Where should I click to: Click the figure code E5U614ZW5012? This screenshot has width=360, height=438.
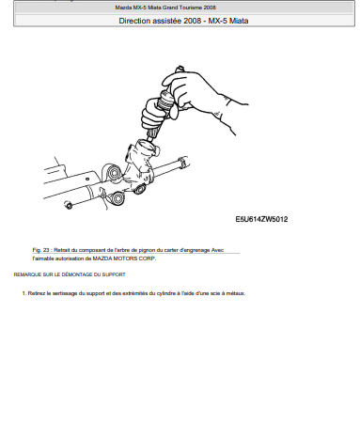click(261, 219)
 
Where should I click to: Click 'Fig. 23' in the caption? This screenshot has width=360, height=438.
click(40, 250)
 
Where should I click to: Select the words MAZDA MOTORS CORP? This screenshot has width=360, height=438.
click(124, 258)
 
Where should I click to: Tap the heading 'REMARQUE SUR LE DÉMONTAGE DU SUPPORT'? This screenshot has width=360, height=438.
click(70, 274)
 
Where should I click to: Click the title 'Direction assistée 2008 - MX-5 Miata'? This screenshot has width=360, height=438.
click(183, 21)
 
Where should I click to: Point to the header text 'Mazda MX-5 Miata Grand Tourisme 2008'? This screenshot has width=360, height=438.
click(165, 8)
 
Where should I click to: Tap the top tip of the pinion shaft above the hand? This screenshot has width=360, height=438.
click(180, 67)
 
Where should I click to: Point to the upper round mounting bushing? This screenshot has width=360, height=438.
click(113, 173)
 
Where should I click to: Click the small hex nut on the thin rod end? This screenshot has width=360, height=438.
click(68, 205)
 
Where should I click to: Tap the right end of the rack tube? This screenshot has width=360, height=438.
click(184, 162)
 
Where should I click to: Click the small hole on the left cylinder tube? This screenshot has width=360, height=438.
click(87, 180)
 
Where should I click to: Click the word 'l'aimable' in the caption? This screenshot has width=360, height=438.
click(43, 258)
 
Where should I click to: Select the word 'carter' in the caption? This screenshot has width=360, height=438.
click(170, 250)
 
